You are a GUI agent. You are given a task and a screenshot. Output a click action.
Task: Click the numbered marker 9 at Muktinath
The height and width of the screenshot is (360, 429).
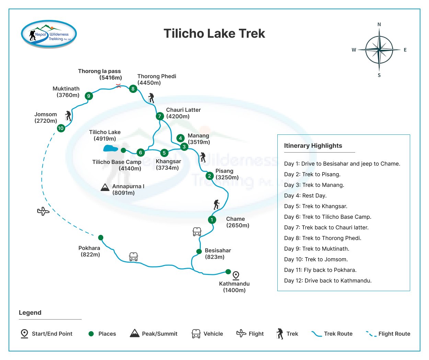[x=89, y=96]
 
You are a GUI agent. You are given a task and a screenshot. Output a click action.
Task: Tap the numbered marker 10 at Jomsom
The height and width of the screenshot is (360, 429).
[x=61, y=128]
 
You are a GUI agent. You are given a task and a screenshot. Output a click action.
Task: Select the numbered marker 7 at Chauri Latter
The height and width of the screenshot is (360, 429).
[x=160, y=116]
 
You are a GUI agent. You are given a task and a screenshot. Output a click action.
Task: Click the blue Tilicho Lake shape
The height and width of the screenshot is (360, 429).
[x=111, y=148]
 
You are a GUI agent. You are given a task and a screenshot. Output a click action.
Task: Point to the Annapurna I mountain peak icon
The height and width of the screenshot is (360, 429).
[x=105, y=187]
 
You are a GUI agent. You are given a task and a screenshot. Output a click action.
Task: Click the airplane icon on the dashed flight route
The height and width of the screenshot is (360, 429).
[x=43, y=211]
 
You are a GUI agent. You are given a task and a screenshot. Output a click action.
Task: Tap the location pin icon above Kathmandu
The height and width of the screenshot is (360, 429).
[x=236, y=275]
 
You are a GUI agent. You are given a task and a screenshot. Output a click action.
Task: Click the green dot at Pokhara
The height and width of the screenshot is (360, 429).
[x=101, y=238]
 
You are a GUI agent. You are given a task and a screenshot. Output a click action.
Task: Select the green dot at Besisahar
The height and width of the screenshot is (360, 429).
[x=199, y=252]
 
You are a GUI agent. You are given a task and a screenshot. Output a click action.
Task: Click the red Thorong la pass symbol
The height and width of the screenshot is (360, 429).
[x=118, y=86]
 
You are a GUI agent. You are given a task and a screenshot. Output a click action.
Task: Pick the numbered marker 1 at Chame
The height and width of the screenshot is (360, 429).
[x=212, y=220]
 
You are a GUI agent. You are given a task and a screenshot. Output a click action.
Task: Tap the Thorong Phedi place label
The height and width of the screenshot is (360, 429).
[x=156, y=80]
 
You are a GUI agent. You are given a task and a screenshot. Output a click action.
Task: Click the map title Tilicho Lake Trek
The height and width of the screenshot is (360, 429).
[x=214, y=34]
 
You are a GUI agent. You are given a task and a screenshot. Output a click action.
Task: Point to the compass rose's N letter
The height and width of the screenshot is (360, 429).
[x=379, y=24]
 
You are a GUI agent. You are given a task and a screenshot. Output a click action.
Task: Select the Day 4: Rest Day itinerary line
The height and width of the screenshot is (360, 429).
[x=305, y=196]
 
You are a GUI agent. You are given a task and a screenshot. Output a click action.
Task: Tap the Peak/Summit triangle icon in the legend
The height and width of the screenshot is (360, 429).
[x=135, y=333]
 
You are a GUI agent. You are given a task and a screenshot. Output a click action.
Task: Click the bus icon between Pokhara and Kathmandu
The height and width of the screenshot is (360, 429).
[x=134, y=256]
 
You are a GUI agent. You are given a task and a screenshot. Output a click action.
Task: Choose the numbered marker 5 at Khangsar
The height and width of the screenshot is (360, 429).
[x=164, y=153]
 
